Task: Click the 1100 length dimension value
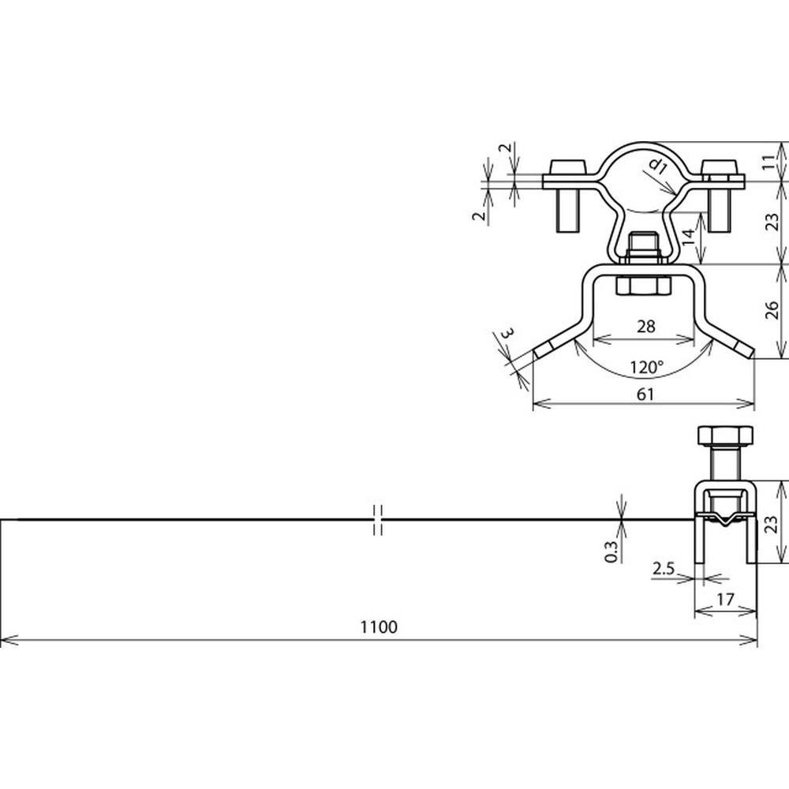(379, 626)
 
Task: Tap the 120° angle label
(647, 367)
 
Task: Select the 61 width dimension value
(645, 394)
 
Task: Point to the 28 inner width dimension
(645, 326)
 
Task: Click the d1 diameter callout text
(658, 165)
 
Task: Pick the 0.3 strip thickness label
(611, 552)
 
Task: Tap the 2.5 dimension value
(664, 569)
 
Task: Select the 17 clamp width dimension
(725, 600)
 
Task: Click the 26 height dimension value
(772, 310)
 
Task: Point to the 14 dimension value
(688, 235)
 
